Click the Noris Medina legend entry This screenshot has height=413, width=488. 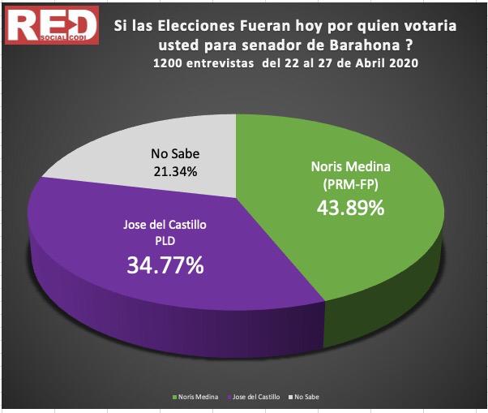195,397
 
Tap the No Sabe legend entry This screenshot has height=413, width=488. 306,397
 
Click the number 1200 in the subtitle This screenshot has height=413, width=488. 167,65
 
